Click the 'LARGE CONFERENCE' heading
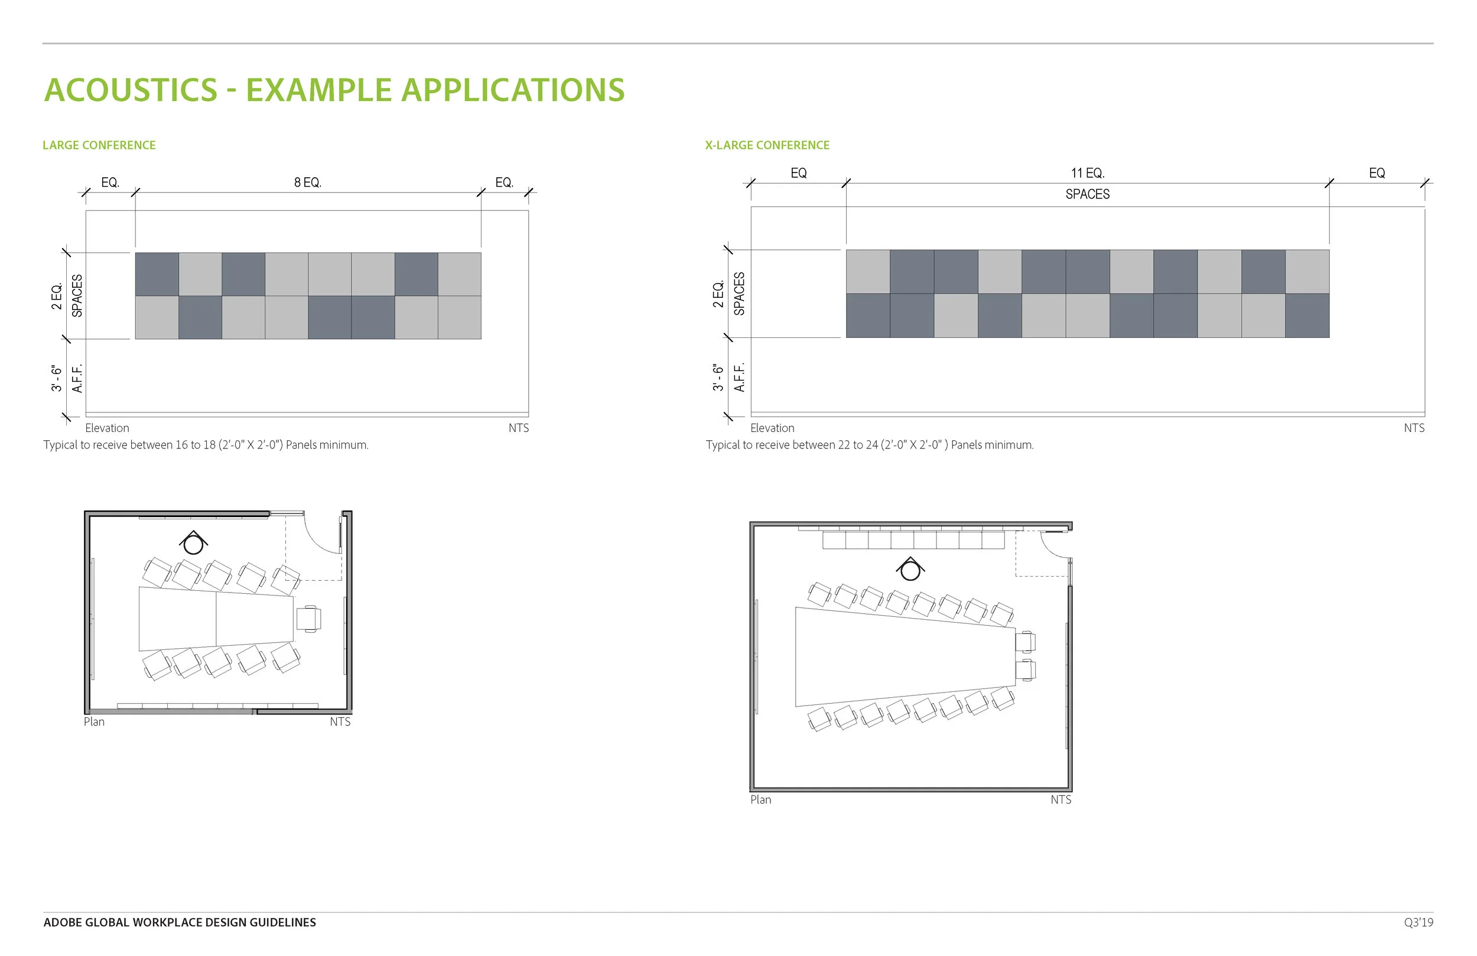pos(99,145)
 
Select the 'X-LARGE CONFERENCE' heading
pos(766,145)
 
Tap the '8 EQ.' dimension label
pos(307,183)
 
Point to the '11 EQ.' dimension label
pos(1087,173)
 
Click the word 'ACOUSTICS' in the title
pos(131,90)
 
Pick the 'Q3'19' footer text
pos(1418,922)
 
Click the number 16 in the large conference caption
pos(181,445)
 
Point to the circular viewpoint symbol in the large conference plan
pos(194,544)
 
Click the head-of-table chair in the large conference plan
pos(308,619)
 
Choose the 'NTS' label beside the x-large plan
pos(1060,800)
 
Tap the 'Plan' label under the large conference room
pos(95,722)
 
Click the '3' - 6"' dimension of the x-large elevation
pos(718,378)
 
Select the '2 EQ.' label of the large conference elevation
pos(57,296)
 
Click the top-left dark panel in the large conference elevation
pos(157,274)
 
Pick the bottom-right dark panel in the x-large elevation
pos(1307,316)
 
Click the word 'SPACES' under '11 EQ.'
pos(1087,194)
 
